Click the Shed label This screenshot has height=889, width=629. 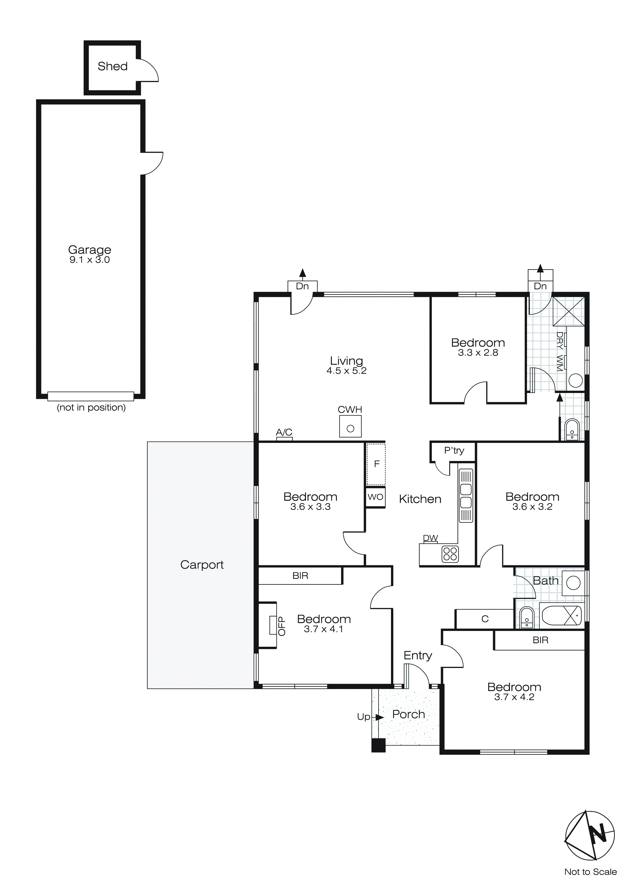click(112, 66)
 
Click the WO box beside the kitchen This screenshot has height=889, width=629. click(375, 497)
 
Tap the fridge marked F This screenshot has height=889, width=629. click(376, 464)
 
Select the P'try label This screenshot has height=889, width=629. click(454, 451)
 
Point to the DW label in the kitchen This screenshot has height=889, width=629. click(430, 538)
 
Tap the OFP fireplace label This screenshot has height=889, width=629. click(282, 626)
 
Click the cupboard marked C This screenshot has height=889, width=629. click(485, 619)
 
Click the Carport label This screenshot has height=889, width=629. click(202, 565)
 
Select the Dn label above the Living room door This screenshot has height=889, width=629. click(302, 286)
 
